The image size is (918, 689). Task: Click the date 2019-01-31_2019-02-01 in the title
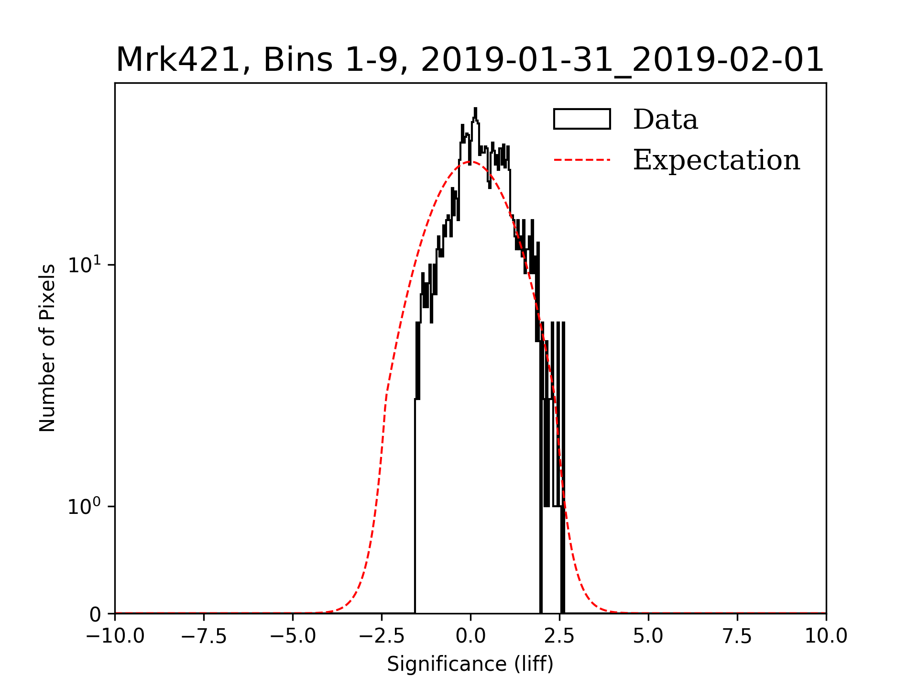click(x=622, y=60)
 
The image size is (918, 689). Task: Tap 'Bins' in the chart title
click(x=297, y=60)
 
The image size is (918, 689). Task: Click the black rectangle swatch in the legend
click(x=582, y=119)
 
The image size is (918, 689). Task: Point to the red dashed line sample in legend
click(x=582, y=160)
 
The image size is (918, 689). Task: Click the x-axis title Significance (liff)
click(x=470, y=664)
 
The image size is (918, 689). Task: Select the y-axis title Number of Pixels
click(x=47, y=348)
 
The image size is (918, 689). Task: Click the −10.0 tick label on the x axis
click(x=115, y=636)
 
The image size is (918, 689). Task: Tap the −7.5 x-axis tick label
click(x=204, y=636)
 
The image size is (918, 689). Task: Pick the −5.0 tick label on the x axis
click(x=293, y=636)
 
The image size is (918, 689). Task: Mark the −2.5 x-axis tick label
click(x=382, y=636)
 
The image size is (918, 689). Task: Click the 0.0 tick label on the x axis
click(x=470, y=636)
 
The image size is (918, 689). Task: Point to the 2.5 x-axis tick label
click(x=559, y=636)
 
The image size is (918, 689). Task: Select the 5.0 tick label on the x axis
click(x=648, y=636)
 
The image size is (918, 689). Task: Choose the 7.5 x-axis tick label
click(x=737, y=636)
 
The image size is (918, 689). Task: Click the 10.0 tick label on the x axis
click(x=826, y=636)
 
